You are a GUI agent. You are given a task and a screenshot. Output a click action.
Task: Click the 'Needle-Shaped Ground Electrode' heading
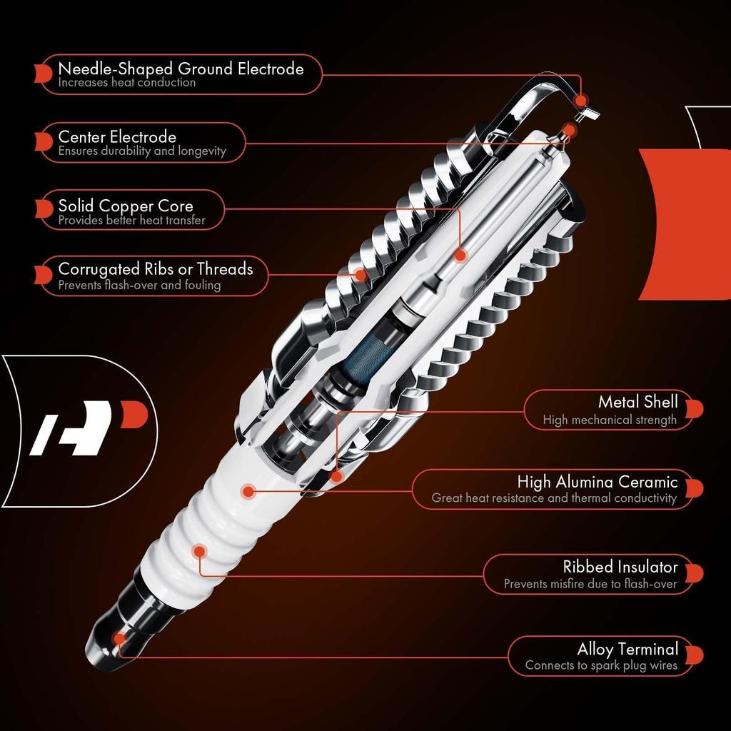coord(181,69)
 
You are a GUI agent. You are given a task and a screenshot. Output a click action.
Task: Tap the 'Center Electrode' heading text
coord(117,136)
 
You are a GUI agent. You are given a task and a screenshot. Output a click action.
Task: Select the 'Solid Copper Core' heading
coord(126,206)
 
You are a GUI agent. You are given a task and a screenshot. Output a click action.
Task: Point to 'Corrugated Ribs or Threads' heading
coord(155,269)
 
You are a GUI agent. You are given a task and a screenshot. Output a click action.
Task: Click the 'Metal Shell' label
coord(637,402)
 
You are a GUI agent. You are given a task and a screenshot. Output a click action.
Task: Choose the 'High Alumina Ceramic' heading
coord(597,482)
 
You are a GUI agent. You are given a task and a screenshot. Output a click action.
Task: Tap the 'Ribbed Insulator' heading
coord(620,567)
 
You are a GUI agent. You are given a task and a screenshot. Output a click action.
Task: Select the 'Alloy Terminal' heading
coord(627,649)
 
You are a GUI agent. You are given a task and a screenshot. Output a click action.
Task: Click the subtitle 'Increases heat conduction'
coord(127,83)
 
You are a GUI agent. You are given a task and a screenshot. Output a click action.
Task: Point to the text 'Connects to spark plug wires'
coord(601,665)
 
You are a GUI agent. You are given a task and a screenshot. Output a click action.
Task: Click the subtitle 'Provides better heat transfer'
coord(131,221)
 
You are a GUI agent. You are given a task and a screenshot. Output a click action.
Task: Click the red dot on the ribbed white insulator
coord(199,550)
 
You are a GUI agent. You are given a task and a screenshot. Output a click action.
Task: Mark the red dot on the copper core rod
coord(460,254)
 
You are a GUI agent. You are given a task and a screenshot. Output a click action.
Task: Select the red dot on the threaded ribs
coord(361,274)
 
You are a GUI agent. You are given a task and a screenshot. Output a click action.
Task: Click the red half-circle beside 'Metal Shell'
coord(697,408)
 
